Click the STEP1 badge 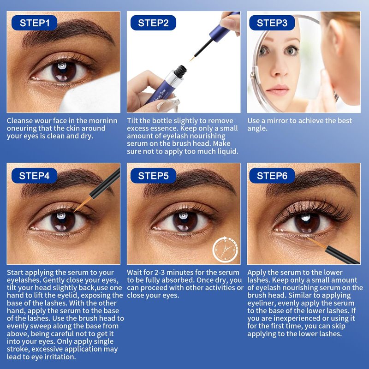(x=34, y=23)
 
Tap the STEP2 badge (x=153, y=23)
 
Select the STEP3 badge (x=272, y=23)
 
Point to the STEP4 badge (x=34, y=176)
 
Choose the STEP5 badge (x=153, y=176)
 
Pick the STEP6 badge (x=272, y=176)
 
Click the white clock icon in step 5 (x=225, y=249)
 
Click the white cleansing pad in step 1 (x=92, y=94)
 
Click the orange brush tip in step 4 (x=83, y=204)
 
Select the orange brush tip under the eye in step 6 (x=317, y=243)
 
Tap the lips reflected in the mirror (x=278, y=90)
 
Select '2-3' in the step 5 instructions (x=160, y=273)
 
